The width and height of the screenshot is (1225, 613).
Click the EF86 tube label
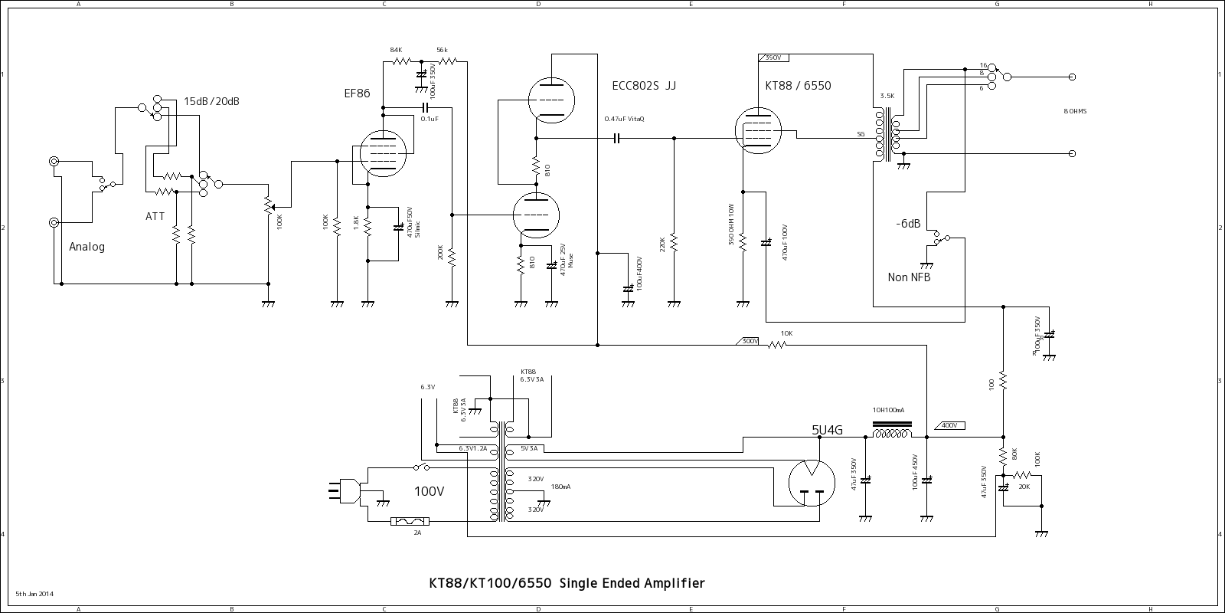[358, 93]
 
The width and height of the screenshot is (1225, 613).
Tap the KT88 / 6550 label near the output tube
[798, 86]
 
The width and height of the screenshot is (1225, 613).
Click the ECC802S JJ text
[644, 86]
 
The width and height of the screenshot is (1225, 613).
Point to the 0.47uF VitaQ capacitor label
[624, 119]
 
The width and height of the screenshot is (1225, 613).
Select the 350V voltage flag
[773, 58]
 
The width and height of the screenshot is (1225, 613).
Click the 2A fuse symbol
[410, 522]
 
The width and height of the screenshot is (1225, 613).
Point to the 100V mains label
[429, 491]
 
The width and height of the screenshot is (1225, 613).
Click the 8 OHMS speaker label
[1075, 112]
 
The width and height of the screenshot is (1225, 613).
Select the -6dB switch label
[908, 224]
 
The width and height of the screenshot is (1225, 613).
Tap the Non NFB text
[909, 277]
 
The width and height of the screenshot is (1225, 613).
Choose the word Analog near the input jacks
[87, 247]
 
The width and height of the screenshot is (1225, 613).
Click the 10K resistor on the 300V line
[777, 345]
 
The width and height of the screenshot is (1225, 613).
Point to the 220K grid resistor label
[662, 244]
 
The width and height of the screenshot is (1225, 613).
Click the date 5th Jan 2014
[34, 594]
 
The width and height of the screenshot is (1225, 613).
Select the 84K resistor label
[396, 50]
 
